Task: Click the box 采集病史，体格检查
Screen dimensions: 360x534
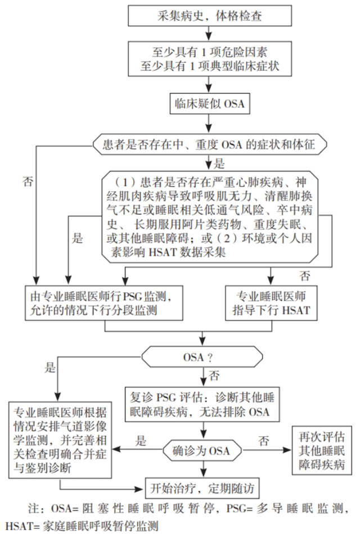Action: pos(210,16)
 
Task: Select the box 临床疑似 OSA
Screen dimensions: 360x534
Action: pos(210,103)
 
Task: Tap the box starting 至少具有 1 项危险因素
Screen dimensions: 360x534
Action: pos(210,59)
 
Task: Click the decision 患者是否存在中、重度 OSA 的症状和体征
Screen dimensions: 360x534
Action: pos(210,144)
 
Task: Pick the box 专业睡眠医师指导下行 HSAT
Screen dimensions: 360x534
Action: pos(271,303)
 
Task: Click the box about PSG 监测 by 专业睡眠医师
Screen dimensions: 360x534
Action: pos(104,303)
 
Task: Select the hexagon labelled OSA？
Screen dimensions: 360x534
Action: pos(202,357)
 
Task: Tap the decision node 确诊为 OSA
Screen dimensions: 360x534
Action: pos(202,451)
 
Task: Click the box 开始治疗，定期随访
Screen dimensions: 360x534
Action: pos(202,488)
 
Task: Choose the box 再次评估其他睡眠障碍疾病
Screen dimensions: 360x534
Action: pos(322,450)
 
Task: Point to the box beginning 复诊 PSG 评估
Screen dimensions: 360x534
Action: pos(202,404)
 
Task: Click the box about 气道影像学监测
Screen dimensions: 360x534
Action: pos(60,440)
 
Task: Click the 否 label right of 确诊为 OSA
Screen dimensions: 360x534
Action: pos(263,441)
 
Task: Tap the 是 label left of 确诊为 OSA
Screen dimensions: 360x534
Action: pos(141,441)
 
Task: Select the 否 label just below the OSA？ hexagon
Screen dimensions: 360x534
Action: pos(214,375)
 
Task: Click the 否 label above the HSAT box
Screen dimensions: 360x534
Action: pos(304,275)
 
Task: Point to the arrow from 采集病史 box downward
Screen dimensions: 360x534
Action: pos(209,33)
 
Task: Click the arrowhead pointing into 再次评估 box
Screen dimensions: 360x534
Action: pos(288,450)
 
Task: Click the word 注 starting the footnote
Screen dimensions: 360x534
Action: pos(33,509)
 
